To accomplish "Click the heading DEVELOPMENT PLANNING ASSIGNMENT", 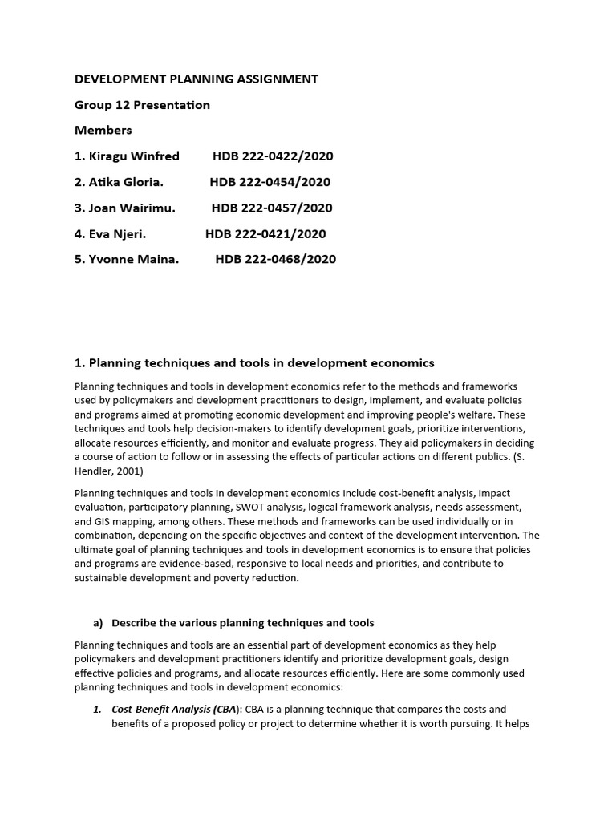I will (197, 79).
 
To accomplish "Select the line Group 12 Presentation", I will (142, 105).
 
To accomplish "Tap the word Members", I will (103, 130).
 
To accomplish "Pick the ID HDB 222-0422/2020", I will (273, 156).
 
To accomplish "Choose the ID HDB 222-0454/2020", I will (269, 182).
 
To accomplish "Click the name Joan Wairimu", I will (132, 208).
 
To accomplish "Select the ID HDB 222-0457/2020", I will (272, 208).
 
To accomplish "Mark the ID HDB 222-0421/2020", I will (265, 233).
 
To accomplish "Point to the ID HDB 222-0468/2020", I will (275, 259).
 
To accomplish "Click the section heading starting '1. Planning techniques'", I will (254, 363).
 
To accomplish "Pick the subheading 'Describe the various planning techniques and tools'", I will (243, 623).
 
